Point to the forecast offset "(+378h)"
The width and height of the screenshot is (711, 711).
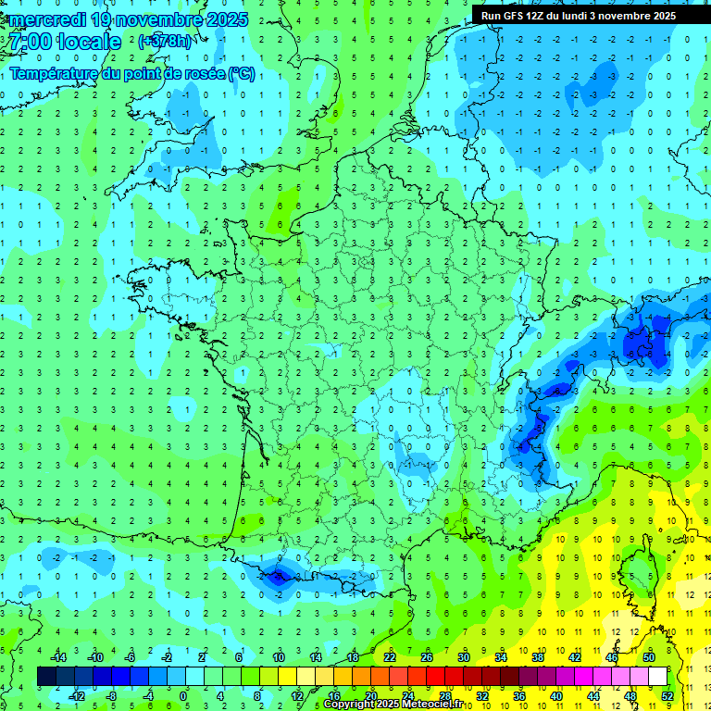click(x=166, y=42)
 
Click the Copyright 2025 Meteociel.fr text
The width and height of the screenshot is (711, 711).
click(x=393, y=705)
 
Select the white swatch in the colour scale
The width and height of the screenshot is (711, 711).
click(x=657, y=677)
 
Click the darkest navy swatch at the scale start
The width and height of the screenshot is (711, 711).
click(x=46, y=677)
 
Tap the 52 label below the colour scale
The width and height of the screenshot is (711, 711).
click(x=667, y=696)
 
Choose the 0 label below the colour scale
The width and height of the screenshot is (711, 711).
click(x=183, y=696)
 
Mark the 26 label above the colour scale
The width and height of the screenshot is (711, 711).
click(x=427, y=657)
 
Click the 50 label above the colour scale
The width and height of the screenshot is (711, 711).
click(x=649, y=657)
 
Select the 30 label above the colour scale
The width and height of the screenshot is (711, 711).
click(x=464, y=657)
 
